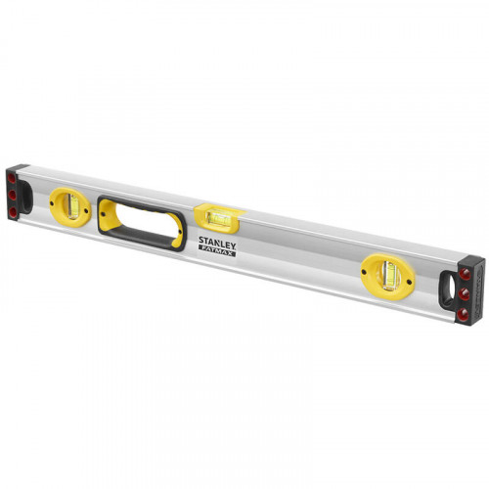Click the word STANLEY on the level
coord(217,243)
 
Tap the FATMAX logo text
coord(217,251)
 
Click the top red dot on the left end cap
coord(12,178)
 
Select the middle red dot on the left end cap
coord(13,196)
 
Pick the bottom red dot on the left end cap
coord(13,212)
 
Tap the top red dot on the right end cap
coord(465,275)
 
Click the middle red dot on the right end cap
coord(464,294)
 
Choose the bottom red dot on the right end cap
coord(463,314)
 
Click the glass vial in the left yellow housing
coord(72,205)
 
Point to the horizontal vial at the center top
coord(219,218)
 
